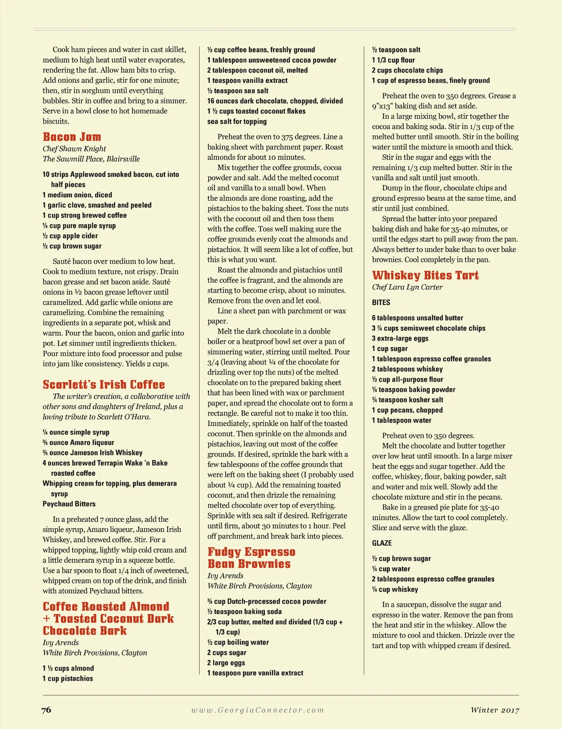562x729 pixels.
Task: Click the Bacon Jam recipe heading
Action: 72,137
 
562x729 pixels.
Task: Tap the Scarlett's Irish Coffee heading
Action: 104,385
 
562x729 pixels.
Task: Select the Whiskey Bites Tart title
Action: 425,275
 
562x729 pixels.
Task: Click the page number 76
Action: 46,710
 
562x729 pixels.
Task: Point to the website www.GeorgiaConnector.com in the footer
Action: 258,710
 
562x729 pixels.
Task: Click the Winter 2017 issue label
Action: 495,710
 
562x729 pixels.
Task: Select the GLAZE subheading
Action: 382,543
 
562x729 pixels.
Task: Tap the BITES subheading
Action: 381,303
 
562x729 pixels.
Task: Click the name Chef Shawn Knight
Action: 74,149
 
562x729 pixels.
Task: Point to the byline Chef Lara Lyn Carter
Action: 407,287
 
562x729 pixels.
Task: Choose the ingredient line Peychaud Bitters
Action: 69,504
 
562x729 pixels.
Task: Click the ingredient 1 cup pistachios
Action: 68,678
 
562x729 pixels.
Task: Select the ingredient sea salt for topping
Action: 237,122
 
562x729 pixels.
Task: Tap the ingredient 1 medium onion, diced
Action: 77,195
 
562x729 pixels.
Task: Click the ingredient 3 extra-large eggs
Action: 400,338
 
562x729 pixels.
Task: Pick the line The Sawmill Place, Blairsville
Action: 91,159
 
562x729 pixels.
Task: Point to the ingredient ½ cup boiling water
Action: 238,642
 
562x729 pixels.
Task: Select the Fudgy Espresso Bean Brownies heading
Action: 251,558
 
